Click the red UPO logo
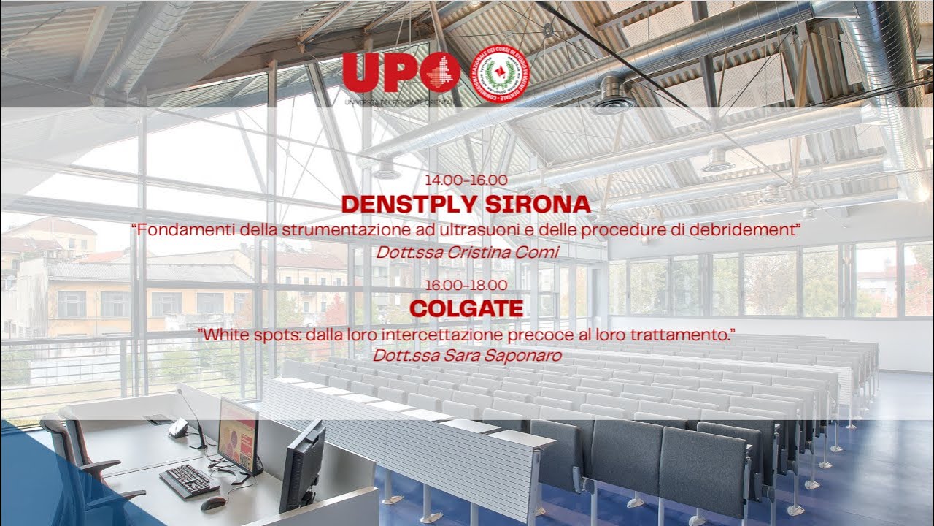[401, 73]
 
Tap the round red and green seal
[500, 76]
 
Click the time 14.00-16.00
[466, 180]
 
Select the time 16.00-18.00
[466, 285]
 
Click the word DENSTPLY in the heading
[409, 204]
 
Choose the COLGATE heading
[466, 308]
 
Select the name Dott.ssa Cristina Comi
[466, 253]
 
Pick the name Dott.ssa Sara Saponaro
[466, 356]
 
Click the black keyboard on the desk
[189, 480]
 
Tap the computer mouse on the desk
[213, 503]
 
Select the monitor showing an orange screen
[238, 435]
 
